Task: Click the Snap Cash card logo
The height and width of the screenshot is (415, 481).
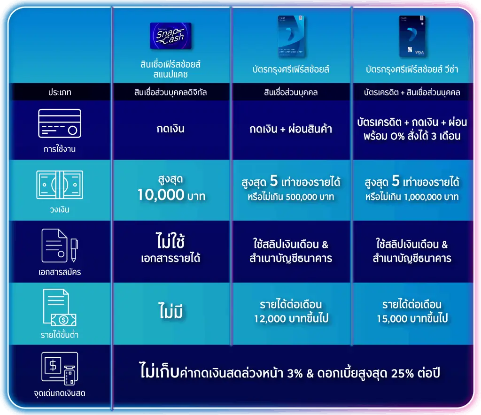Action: click(x=171, y=36)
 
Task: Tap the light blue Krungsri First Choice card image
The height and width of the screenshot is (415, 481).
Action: click(x=291, y=36)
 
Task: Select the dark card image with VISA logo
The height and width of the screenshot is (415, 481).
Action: click(x=412, y=36)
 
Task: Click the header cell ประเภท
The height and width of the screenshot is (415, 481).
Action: click(x=60, y=92)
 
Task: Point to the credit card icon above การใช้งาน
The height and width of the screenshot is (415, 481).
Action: click(x=60, y=123)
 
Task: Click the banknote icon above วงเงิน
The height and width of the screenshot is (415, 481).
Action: click(x=60, y=185)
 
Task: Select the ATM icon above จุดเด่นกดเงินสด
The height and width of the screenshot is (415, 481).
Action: click(x=60, y=369)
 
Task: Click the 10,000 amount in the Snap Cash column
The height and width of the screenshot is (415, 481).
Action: click(x=161, y=195)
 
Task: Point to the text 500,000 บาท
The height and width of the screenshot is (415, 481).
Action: click(x=310, y=197)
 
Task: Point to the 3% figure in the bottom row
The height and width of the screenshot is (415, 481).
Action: click(x=295, y=373)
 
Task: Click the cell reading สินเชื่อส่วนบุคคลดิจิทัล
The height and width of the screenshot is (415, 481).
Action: click(x=171, y=92)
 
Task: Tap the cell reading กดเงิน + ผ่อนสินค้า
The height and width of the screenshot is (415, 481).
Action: click(x=291, y=129)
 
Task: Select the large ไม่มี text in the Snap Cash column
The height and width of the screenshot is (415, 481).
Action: click(x=171, y=311)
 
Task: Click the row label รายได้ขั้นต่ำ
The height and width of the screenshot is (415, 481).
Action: click(x=60, y=334)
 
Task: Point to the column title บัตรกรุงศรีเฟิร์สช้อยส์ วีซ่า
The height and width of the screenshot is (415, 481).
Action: click(x=412, y=69)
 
